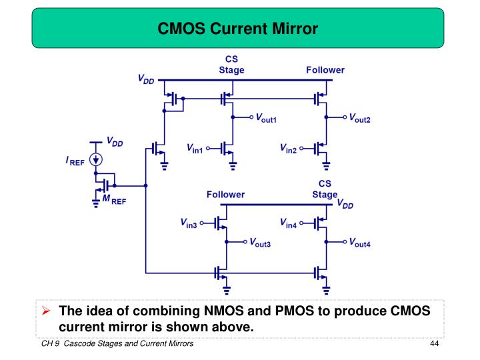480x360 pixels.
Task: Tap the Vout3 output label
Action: tap(261, 244)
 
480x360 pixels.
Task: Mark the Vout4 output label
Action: tap(360, 244)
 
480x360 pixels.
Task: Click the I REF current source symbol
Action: tap(97, 160)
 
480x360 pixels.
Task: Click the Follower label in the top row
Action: tap(325, 70)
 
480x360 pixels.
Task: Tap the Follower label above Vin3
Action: tap(225, 195)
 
